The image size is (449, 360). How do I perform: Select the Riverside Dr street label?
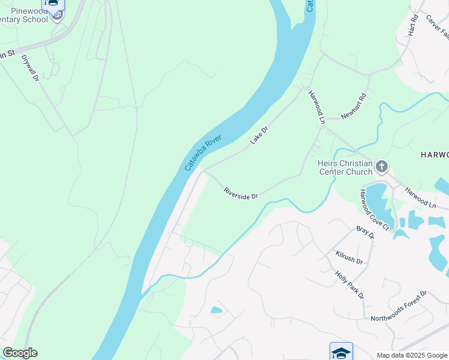coord(241,193)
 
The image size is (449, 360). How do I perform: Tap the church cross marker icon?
coord(382,166)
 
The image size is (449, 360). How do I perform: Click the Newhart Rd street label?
coord(354,106)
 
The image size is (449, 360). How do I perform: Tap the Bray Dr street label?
coord(365,232)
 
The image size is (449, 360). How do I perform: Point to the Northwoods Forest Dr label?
coord(398,306)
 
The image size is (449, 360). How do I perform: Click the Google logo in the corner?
coord(20,353)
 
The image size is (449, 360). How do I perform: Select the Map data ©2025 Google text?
coord(411,355)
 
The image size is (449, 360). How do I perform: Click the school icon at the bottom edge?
coord(341,351)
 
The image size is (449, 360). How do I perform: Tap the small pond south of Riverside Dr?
coord(217,310)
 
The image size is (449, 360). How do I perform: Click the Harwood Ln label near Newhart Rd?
coord(316,107)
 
